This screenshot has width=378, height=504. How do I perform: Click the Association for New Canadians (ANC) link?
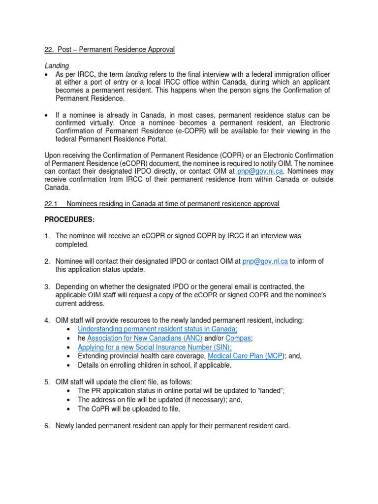145,338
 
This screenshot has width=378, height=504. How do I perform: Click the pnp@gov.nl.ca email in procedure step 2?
265,261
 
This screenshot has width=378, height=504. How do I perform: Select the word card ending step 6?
282,426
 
